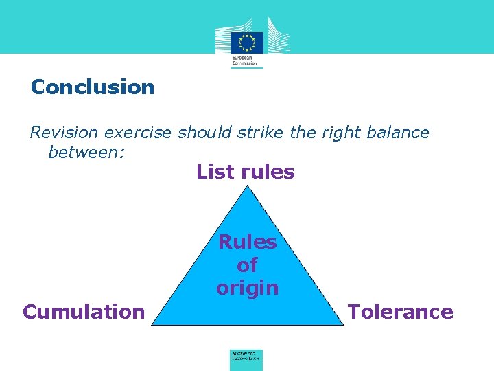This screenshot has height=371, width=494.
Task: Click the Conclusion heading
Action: click(93, 87)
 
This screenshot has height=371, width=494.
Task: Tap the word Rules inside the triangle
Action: click(247, 242)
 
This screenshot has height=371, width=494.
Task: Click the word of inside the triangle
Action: click(247, 265)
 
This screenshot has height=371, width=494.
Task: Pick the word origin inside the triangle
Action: click(247, 288)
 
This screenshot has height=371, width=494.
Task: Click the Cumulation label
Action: click(84, 312)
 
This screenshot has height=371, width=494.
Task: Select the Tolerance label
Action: click(400, 312)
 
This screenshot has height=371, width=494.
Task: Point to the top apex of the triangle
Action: click(247, 186)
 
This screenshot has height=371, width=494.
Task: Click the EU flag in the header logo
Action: click(246, 43)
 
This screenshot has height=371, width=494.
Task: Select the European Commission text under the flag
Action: click(246, 60)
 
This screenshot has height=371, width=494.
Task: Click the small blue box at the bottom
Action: click(246, 359)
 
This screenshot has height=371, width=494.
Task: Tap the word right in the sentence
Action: click(327, 132)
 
